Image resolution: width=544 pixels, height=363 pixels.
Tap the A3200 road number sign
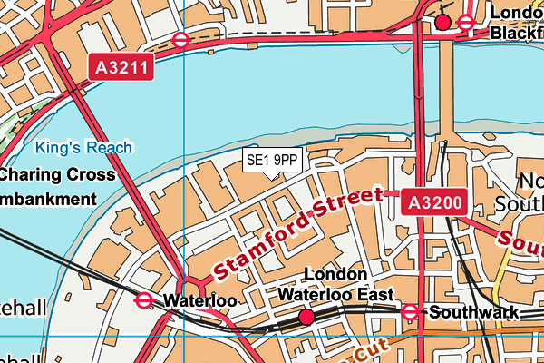(x=434, y=203)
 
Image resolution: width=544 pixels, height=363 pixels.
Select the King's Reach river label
(x=84, y=147)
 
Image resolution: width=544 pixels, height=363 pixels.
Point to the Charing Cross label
(x=58, y=174)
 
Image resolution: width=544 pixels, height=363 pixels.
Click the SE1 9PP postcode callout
(x=273, y=161)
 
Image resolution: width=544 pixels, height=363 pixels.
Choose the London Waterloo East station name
(x=335, y=285)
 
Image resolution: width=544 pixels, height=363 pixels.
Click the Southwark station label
(x=474, y=313)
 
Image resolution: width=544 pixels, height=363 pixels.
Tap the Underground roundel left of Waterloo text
(x=143, y=300)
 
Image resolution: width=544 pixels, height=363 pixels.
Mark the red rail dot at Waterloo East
(x=306, y=317)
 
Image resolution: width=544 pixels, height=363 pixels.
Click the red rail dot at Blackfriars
(x=442, y=22)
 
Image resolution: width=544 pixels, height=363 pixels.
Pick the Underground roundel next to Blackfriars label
(x=466, y=22)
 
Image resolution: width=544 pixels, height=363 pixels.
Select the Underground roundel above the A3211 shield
(x=180, y=40)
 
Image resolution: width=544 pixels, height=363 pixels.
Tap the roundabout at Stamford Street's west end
(x=191, y=289)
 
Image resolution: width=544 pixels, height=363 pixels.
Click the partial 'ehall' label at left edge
(x=22, y=309)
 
